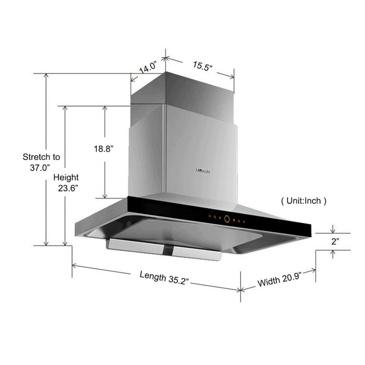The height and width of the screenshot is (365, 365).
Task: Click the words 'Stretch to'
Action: coord(41,157)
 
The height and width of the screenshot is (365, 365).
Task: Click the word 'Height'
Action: coord(66,177)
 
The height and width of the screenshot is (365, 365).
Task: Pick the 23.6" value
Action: coord(68,189)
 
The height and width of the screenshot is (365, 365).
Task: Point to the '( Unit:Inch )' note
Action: coord(303,201)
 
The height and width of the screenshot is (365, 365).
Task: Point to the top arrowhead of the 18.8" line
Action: coord(105,108)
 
